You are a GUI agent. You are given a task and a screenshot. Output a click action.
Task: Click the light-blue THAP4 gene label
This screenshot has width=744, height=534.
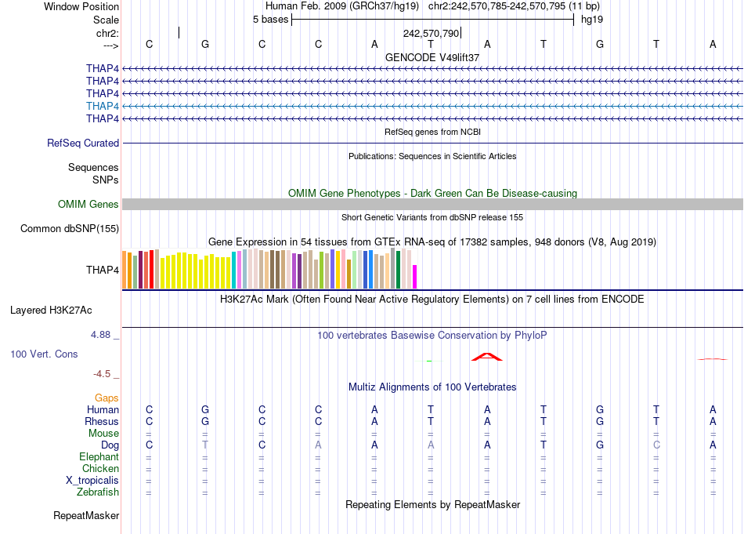[103, 106]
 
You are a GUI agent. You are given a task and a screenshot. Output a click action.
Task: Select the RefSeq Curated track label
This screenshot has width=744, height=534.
[83, 143]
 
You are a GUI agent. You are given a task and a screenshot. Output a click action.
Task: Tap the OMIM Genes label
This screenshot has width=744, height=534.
[88, 205]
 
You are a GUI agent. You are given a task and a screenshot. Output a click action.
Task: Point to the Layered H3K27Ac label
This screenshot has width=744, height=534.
[64, 310]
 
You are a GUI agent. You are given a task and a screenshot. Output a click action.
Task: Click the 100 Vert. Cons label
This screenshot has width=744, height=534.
[44, 354]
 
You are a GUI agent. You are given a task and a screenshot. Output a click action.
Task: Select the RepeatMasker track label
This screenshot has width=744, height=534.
[86, 516]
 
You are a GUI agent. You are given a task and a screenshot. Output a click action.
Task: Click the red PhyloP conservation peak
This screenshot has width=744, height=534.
[486, 358]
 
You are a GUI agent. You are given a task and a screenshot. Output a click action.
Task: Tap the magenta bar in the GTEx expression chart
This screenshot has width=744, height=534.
[415, 277]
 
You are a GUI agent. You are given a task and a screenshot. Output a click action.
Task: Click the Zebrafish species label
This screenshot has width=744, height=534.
[98, 492]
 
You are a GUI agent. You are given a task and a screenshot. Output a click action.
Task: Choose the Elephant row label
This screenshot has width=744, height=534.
[99, 457]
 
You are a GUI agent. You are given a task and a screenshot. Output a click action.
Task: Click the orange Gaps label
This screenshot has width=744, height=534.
[107, 398]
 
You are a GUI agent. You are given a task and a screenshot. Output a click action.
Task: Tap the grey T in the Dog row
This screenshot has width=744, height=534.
[205, 445]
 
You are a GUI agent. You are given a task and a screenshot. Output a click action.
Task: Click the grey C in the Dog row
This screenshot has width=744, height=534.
[656, 445]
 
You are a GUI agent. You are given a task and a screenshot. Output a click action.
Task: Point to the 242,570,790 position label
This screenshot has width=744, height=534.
[431, 34]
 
